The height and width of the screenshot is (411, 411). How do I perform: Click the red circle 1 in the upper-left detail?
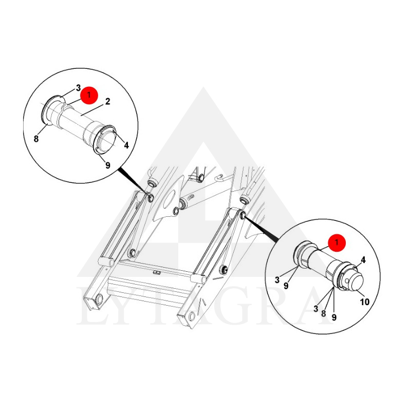[x=89, y=95]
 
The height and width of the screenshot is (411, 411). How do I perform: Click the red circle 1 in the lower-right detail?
[x=337, y=242]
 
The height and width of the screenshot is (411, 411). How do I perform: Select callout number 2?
[x=107, y=102]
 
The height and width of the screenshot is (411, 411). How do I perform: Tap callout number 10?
[x=365, y=302]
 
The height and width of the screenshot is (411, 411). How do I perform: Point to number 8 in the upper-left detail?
[x=36, y=139]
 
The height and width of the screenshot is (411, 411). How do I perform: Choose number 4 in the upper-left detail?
[x=126, y=145]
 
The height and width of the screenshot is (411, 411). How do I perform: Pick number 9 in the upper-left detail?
[x=108, y=165]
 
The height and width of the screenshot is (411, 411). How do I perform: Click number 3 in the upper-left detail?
[x=79, y=88]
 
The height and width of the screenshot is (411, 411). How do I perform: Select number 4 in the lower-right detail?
[x=363, y=260]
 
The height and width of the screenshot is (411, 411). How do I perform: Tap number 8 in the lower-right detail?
[x=324, y=313]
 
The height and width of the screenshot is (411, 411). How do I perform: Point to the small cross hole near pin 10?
[x=347, y=281]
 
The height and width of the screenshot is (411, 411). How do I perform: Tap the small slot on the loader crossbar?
[x=157, y=273]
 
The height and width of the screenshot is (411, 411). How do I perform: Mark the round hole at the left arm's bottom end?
[x=99, y=299]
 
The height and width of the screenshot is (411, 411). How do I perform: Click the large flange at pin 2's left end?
[x=48, y=111]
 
